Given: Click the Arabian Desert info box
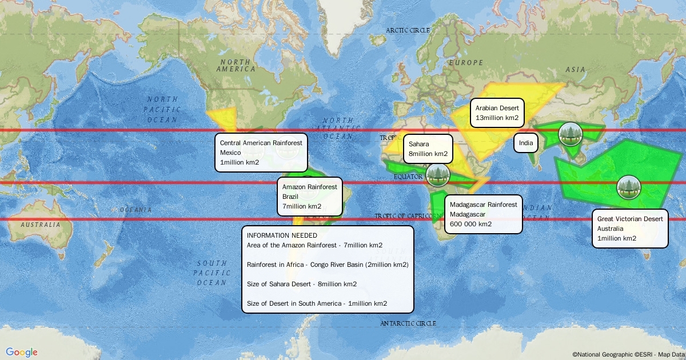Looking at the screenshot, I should coord(497,113).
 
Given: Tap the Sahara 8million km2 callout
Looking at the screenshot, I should coord(428,149).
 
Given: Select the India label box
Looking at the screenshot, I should coord(526,143).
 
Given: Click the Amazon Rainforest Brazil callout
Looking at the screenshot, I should coord(309,196).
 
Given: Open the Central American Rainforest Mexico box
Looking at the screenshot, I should coord(261,152).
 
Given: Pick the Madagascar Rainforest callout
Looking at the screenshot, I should coord(483,214).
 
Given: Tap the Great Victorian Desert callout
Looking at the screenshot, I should coord(629,228).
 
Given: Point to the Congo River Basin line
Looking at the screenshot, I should coord(328,265).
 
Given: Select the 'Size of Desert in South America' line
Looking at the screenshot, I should coord(317,303).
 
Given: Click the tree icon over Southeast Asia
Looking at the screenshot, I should coord(570,134).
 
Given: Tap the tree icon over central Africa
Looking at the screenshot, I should coord(438,175).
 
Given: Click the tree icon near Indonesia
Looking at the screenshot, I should coord(629,187).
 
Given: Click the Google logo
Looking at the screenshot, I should coord(22,352).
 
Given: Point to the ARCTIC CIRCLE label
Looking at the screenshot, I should coord(408,31).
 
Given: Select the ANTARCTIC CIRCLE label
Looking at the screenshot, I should coord(408,323).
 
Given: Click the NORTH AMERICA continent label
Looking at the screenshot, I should coord(236,65).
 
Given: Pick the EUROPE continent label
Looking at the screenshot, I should coord(466,62).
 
